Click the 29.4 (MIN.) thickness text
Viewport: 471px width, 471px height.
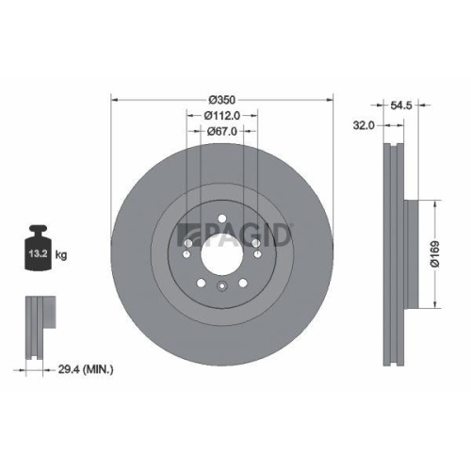[82, 371]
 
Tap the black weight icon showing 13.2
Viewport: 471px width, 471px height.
[39, 250]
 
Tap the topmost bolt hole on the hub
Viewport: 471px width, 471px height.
[221, 223]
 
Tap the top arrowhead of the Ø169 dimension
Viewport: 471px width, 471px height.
[436, 203]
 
